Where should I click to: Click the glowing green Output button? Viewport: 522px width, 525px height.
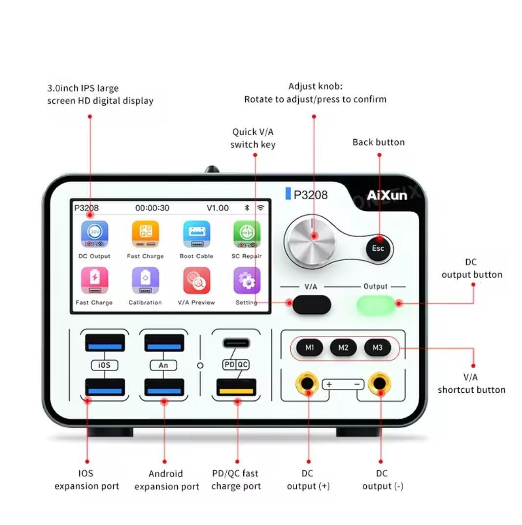coord(376,304)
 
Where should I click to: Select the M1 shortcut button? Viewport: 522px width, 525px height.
coord(309,348)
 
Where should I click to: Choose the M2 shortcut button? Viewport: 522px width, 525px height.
coord(343,348)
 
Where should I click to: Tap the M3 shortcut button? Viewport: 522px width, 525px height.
coord(378,348)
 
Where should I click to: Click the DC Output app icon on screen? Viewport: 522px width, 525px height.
coord(95,234)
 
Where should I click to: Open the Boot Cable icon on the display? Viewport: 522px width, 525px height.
coord(196,234)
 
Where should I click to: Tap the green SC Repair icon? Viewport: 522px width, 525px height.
coord(247,234)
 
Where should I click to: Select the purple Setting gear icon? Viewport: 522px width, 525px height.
coord(247,281)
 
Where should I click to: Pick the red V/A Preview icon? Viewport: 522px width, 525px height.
coord(196,281)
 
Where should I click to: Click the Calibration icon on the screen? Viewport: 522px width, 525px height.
coord(145,281)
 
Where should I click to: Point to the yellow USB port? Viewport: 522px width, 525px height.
coord(237,387)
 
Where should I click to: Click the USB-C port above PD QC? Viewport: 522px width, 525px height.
coord(237,343)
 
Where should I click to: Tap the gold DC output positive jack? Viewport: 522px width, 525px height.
coord(307,383)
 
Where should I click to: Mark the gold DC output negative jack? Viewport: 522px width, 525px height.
coord(379,383)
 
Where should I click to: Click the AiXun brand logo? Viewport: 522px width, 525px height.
coord(387,195)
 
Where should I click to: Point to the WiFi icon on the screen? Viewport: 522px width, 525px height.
coord(261,208)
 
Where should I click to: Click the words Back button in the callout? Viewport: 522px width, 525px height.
coord(379,143)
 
